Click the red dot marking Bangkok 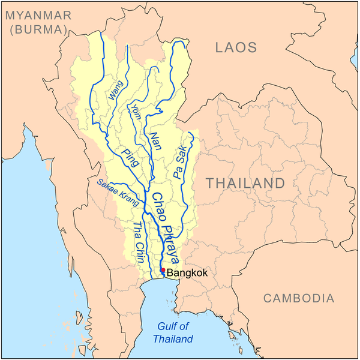coord(163,271)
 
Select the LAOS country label coord(236,47)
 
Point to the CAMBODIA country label coord(299,298)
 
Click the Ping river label coord(129,158)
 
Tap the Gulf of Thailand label coord(173,332)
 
